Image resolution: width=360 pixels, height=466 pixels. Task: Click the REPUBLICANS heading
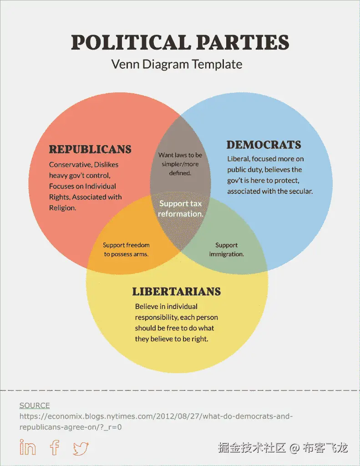[x=90, y=149]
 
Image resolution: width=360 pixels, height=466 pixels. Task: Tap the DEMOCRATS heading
[x=264, y=145]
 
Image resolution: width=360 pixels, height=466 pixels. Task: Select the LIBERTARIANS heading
[x=177, y=292]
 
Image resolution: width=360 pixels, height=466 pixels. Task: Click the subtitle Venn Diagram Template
[x=177, y=64]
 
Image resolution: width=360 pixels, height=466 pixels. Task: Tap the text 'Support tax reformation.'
[x=180, y=208]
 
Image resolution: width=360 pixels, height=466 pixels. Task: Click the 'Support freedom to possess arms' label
[x=126, y=249]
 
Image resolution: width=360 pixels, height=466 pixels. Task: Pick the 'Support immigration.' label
[x=226, y=249]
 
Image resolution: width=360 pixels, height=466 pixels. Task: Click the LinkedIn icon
[x=28, y=447]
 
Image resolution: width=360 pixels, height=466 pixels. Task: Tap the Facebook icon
[x=55, y=447]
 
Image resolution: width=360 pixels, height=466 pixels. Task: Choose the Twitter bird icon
[x=81, y=448]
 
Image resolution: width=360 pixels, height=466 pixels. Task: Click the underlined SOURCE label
[x=35, y=405]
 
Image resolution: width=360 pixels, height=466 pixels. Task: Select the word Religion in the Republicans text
[x=62, y=208]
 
